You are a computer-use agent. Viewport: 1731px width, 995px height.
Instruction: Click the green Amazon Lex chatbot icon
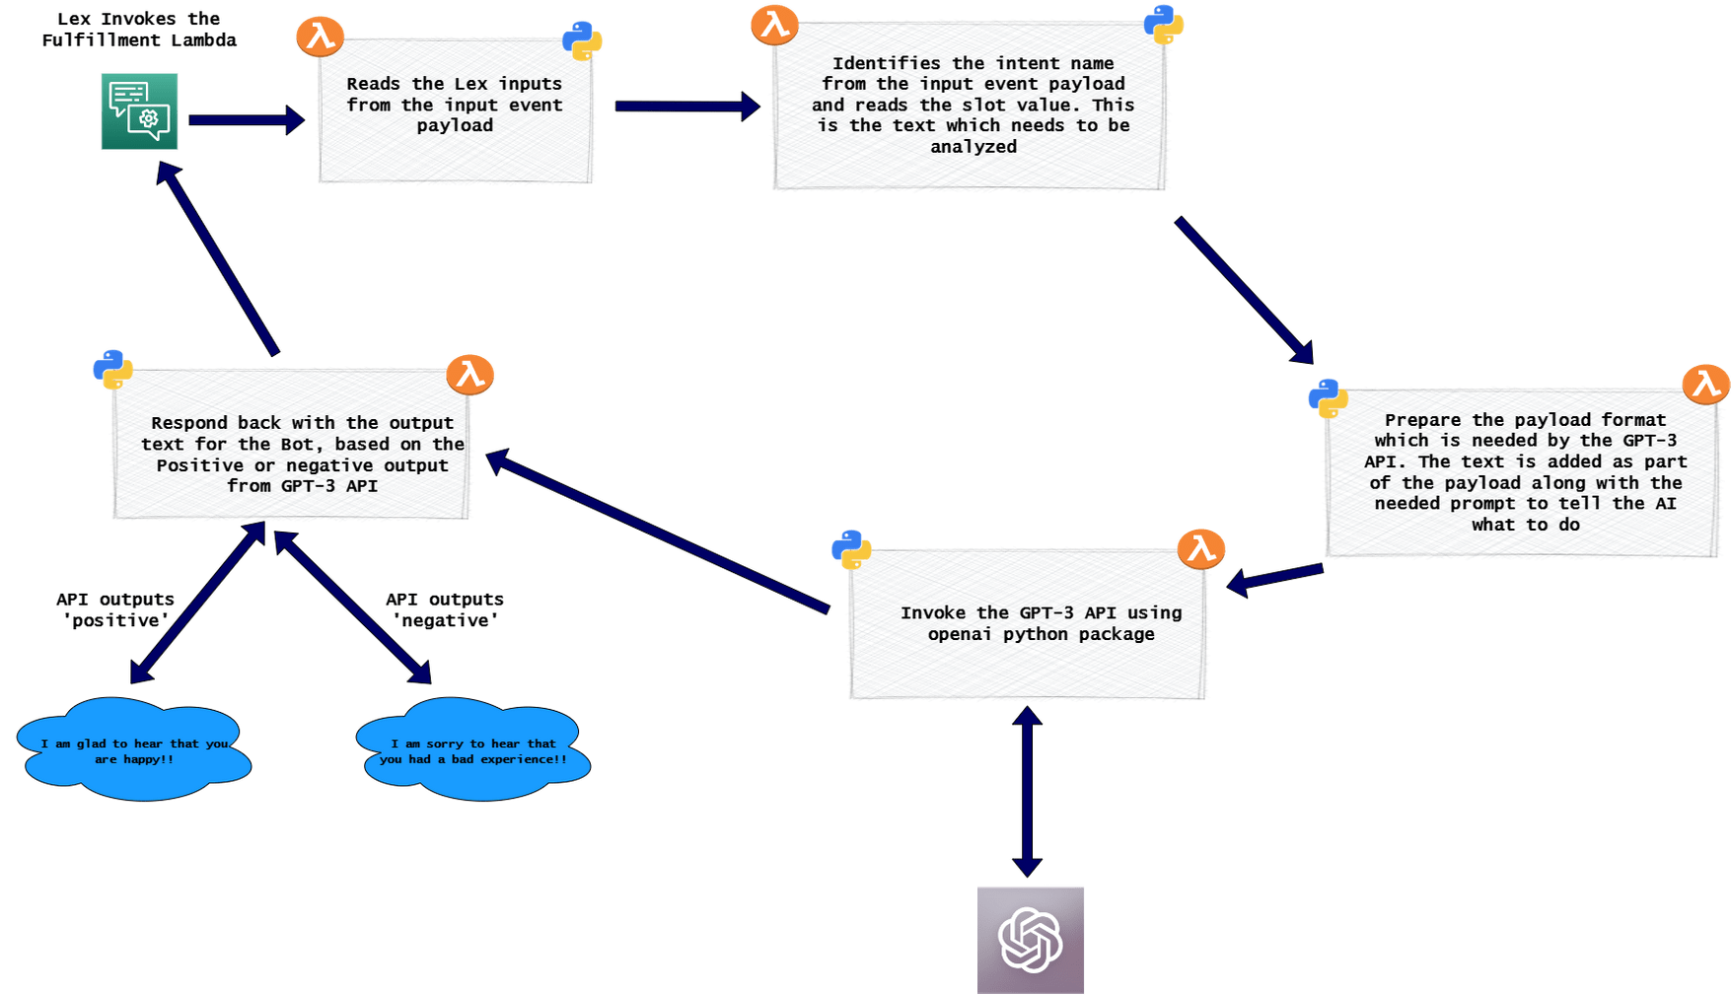coord(139,111)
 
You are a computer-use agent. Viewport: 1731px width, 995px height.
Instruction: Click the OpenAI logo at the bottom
coord(1031,940)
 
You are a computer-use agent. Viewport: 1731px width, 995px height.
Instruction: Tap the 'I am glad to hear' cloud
coord(134,750)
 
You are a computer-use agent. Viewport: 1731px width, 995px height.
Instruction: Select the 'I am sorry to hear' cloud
coord(473,750)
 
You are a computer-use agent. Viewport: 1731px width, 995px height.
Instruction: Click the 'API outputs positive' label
coord(115,609)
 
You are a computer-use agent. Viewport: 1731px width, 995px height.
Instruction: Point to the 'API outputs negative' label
coord(445,609)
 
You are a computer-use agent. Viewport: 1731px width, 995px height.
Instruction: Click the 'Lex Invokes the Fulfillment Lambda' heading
coord(139,30)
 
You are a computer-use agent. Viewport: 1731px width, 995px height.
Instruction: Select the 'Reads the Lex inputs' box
coord(455,110)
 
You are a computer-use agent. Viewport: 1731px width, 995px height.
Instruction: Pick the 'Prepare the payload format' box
coord(1524,473)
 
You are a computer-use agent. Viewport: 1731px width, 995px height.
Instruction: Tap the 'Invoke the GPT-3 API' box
coord(1028,624)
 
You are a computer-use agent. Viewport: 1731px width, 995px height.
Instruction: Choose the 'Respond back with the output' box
coord(293,446)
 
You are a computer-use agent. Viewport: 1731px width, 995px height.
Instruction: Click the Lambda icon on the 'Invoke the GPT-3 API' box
coord(1200,548)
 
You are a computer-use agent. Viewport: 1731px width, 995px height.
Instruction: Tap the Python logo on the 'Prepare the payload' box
coord(1329,398)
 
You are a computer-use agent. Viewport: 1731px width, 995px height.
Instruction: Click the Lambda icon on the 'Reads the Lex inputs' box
coord(321,36)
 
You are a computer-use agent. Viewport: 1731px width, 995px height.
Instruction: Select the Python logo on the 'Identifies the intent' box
coord(1164,24)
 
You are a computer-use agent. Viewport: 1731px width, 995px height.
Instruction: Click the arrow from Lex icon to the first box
coord(246,119)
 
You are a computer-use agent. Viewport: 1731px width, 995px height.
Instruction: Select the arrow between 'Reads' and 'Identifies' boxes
coord(686,106)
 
